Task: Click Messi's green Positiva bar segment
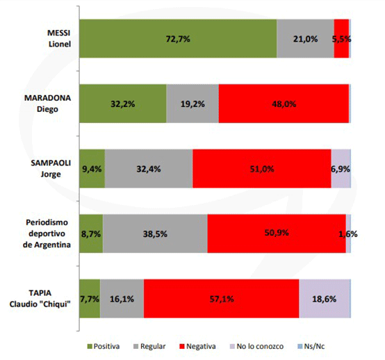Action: click(x=178, y=38)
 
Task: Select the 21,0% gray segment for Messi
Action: click(x=305, y=38)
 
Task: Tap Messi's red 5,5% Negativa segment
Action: click(x=341, y=38)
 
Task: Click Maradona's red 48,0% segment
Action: click(x=284, y=104)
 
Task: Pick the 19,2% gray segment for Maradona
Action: click(x=192, y=104)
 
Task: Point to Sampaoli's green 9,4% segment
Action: click(x=92, y=169)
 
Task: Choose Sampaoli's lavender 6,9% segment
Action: click(x=341, y=169)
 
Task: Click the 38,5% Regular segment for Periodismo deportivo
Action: click(x=155, y=234)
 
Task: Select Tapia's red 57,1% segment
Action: click(x=222, y=299)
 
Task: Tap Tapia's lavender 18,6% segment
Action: click(x=325, y=299)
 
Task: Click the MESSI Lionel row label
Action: click(x=59, y=38)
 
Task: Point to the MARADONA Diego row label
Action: click(x=48, y=104)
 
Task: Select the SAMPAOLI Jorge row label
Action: click(x=51, y=168)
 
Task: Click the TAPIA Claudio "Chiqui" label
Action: click(x=40, y=299)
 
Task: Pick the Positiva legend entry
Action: click(x=104, y=347)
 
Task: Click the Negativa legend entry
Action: click(x=198, y=347)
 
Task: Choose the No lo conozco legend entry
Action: click(x=257, y=347)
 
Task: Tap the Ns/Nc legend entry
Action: click(x=311, y=347)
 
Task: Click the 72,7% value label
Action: click(x=178, y=39)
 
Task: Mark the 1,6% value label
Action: click(x=348, y=234)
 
